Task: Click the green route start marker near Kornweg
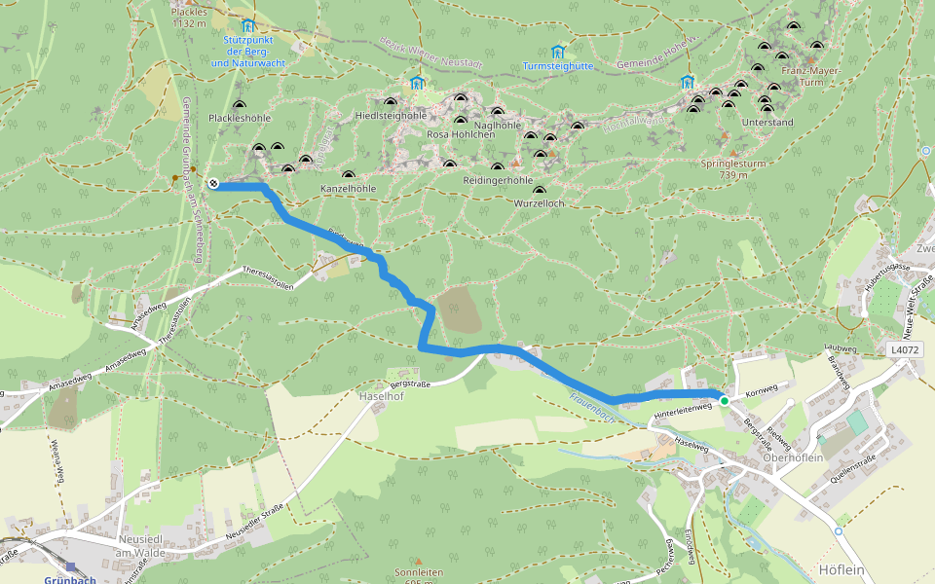pyautogui.click(x=724, y=400)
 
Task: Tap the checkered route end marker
pyautogui.click(x=212, y=183)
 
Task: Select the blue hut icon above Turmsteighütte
pyautogui.click(x=557, y=51)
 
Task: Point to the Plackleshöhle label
pyautogui.click(x=240, y=118)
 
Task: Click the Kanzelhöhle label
pyautogui.click(x=348, y=187)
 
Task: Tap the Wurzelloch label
pyautogui.click(x=539, y=203)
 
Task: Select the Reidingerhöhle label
pyautogui.click(x=498, y=181)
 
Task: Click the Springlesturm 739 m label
pyautogui.click(x=733, y=169)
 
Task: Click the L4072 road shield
pyautogui.click(x=904, y=348)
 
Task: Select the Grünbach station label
pyautogui.click(x=70, y=580)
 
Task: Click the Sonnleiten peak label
pyautogui.click(x=419, y=573)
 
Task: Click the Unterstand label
pyautogui.click(x=767, y=123)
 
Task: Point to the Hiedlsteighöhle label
pyautogui.click(x=391, y=115)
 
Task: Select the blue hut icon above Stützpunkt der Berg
pyautogui.click(x=247, y=24)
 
